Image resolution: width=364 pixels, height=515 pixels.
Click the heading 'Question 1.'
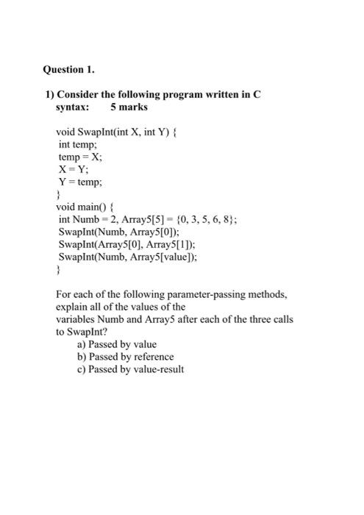68,70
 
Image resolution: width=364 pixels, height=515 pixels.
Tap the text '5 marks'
129,107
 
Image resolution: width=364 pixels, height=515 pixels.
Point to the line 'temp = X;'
81,157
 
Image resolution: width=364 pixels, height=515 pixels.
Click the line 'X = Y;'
75,170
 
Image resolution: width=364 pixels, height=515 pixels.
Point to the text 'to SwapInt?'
81,332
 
